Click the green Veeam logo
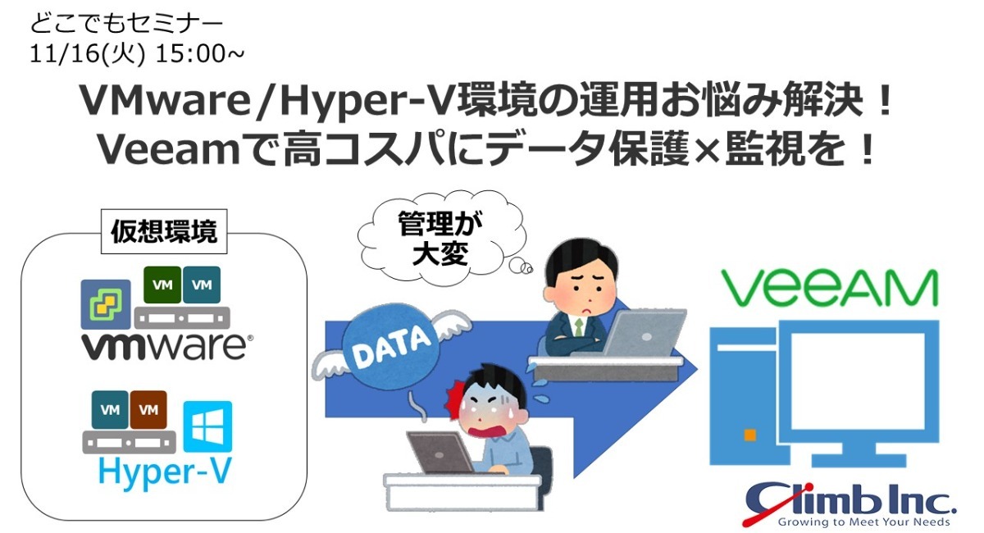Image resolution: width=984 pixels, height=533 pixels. tap(829, 288)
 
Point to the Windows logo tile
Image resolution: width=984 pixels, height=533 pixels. tap(207, 426)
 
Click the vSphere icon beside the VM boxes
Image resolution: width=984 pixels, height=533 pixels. tap(106, 304)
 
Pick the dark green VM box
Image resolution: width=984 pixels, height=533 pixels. tap(162, 285)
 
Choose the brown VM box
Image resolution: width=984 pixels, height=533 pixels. tap(148, 409)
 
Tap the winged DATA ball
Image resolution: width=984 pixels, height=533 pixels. tap(391, 349)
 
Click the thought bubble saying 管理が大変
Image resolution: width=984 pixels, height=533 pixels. tap(441, 237)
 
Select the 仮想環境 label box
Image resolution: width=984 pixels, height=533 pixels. tap(164, 231)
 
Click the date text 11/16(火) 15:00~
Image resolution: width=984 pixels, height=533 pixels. tap(137, 54)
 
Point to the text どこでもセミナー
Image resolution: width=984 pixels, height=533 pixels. tap(126, 24)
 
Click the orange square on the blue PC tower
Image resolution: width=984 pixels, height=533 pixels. tap(749, 435)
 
